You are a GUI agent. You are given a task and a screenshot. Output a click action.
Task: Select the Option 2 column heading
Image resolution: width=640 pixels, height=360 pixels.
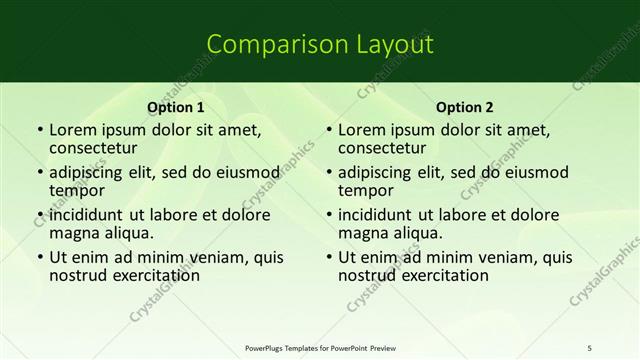point(464,106)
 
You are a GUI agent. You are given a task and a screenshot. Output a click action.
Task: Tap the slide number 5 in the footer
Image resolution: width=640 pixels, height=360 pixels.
point(590,347)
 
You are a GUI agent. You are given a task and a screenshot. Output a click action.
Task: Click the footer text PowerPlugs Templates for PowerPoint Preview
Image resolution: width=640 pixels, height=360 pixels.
point(319,347)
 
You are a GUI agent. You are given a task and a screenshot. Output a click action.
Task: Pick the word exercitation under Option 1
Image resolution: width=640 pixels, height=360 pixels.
point(148,275)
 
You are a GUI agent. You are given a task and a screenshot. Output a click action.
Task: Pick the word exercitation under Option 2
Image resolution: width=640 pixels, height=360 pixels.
point(437,275)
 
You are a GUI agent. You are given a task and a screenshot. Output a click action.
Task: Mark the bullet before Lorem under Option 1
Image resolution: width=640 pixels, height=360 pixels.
point(39,130)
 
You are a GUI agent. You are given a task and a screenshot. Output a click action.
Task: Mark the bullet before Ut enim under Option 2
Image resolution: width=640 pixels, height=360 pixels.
point(328,257)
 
